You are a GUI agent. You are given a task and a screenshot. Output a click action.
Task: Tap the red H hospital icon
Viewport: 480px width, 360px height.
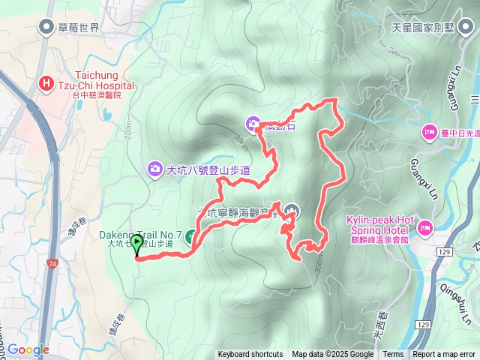tap(46, 85)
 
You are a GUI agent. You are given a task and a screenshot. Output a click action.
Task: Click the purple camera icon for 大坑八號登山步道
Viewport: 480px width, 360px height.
tap(155, 168)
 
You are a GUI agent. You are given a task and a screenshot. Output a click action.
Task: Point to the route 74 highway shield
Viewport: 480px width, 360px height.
tap(51, 264)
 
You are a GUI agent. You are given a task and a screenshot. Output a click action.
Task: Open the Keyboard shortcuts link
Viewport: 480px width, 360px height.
tap(250, 355)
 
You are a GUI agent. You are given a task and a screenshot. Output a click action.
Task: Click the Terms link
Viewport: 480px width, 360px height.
tap(393, 355)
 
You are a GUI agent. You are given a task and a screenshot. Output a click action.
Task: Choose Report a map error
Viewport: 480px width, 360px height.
tap(444, 355)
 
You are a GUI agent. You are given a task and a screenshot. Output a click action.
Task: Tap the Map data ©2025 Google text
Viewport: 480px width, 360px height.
tap(332, 355)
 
